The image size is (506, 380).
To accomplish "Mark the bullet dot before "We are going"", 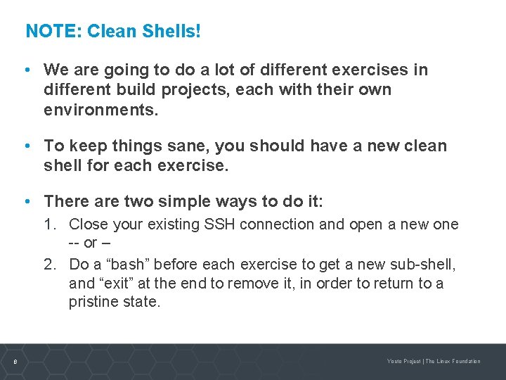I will (x=26, y=70).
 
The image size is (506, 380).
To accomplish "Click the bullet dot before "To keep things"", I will (x=26, y=146).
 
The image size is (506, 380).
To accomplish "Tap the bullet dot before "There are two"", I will (x=26, y=201).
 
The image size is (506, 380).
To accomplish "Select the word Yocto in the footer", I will (x=395, y=362).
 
